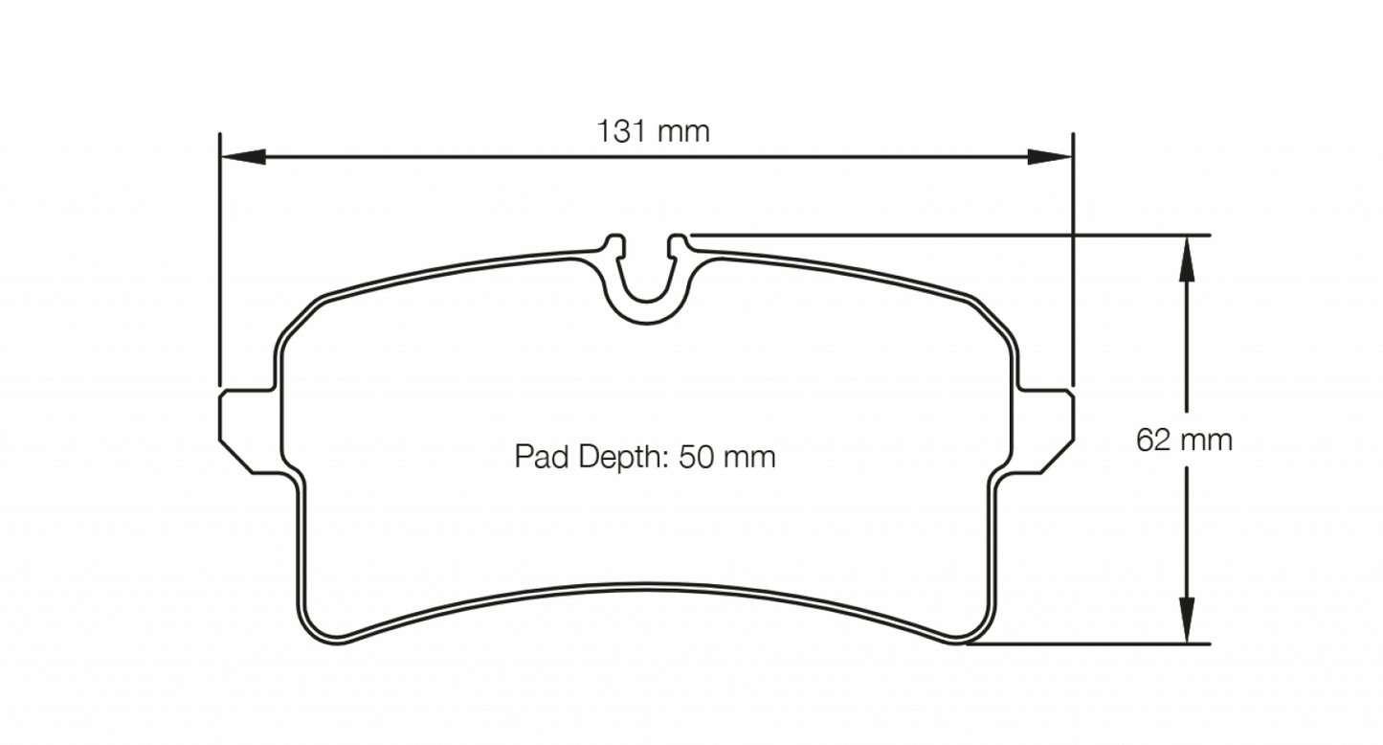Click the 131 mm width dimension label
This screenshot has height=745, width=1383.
click(x=654, y=131)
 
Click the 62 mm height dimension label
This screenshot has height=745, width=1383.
click(x=1184, y=440)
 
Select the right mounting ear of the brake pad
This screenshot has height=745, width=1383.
click(x=1042, y=431)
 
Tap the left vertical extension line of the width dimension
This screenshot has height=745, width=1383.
click(x=220, y=259)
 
